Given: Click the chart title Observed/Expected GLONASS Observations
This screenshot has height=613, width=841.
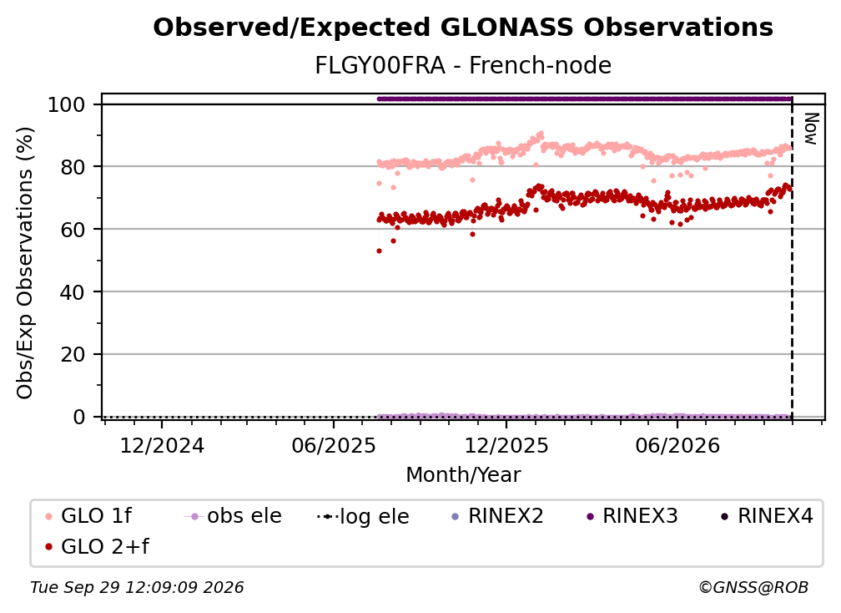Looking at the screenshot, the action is [x=463, y=28].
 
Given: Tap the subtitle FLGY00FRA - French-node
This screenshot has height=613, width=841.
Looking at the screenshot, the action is [x=463, y=65].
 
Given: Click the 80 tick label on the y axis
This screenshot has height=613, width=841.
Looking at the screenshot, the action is [x=73, y=167].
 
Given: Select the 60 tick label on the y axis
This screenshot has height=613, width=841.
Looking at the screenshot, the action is [x=73, y=230].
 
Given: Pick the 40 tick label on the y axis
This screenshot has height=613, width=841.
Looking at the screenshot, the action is [x=73, y=292].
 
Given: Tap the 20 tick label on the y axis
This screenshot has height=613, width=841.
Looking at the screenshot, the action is [x=73, y=354].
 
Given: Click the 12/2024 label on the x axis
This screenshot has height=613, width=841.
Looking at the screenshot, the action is [x=162, y=445].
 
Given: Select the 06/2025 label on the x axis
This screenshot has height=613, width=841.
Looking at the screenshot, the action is [x=334, y=445].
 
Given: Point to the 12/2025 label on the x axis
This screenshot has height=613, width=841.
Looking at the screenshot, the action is [x=506, y=445].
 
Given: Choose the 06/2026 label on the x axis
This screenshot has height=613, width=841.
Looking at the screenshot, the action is [x=677, y=445].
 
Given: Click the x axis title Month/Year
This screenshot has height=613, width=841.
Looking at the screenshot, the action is [x=463, y=475].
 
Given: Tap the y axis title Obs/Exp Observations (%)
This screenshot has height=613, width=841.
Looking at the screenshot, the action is [x=25, y=263].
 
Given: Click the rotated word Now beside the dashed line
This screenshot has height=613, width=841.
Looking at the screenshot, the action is [x=811, y=129].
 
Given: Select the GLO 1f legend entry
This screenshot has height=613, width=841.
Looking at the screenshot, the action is [x=88, y=516].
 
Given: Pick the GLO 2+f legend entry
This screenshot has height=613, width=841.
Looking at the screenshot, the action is [x=97, y=546].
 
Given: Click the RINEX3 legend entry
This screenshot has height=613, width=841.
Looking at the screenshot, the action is [x=632, y=516].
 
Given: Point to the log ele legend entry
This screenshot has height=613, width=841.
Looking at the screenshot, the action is [x=363, y=516].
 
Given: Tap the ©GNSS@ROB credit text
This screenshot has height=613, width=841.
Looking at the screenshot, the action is [x=753, y=588].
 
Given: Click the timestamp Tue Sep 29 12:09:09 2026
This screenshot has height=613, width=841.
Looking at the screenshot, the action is [x=137, y=588].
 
